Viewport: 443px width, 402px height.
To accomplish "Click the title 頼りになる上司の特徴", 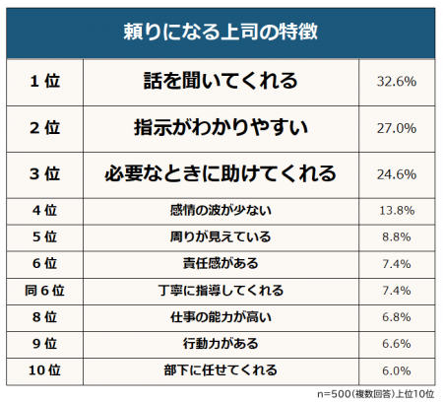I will point(221,32).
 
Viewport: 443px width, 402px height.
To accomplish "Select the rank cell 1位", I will point(46,82).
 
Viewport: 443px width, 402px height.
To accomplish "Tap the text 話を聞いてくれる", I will point(221,82).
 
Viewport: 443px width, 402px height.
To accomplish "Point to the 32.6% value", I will point(398,82).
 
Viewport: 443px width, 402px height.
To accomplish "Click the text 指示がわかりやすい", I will point(221,128).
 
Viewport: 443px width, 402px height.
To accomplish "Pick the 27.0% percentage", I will point(398,128).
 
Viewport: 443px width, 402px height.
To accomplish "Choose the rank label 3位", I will point(46,174).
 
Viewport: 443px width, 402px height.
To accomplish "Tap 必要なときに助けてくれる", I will point(221,174).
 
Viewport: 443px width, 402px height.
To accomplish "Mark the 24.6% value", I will point(398,174).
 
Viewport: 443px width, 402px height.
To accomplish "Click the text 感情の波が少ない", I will point(221,210).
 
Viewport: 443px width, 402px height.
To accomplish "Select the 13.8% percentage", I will point(398,210).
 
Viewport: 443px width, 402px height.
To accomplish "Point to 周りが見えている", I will point(221,237).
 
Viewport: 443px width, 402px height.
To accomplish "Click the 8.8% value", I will point(398,237).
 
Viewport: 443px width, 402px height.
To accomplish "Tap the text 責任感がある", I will point(221,264).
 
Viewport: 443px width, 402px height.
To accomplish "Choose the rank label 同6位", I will point(46,291).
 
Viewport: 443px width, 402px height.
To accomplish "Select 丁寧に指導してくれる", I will point(221,291).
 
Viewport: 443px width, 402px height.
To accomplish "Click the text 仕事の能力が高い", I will point(221,317).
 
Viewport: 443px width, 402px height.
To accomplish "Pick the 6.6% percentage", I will point(398,344).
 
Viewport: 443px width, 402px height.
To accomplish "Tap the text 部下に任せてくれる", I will point(221,370).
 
